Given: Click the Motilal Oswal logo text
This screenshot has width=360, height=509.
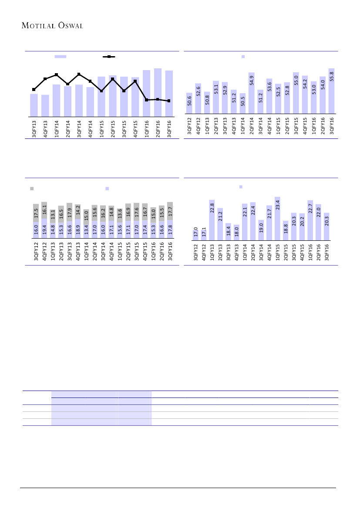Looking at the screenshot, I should (52, 25).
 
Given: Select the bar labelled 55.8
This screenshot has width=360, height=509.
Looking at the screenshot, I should (332, 91).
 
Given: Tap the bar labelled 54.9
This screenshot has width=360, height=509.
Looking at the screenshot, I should (252, 93).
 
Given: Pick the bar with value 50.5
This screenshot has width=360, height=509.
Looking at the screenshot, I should (242, 103).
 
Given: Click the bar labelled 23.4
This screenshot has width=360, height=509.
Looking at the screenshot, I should (277, 219).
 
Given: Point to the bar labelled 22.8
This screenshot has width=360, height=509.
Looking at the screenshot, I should (212, 220).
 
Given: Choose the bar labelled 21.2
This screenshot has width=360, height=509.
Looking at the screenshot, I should (220, 224).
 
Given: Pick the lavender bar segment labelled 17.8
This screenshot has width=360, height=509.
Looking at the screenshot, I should (170, 229).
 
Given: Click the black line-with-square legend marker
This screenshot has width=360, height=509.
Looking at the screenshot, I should (108, 57).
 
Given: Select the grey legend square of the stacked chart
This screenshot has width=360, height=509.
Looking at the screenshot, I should (31, 189).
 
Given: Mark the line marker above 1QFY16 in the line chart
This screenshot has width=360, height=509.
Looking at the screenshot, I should (146, 100).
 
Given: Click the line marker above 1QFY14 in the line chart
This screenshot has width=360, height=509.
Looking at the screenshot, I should (56, 75).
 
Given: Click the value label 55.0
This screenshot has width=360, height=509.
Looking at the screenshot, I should (296, 83).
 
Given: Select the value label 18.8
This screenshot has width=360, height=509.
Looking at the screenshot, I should (286, 229).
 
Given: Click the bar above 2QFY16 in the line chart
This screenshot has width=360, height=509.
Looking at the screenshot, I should (158, 92).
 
